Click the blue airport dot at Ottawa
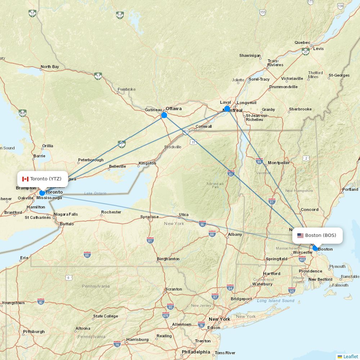click(x=164, y=115)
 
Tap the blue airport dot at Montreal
click(x=227, y=109)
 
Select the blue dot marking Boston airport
click(x=315, y=248)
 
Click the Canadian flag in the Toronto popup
click(x=25, y=179)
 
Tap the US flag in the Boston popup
click(x=300, y=235)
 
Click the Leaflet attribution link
click(x=350, y=356)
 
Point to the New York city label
click(x=219, y=319)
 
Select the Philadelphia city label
click(x=196, y=352)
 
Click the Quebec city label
click(x=302, y=42)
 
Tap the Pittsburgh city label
click(x=34, y=332)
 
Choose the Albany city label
click(x=235, y=235)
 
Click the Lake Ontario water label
click(x=95, y=193)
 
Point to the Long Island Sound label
click(x=275, y=301)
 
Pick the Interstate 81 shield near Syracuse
click(x=150, y=240)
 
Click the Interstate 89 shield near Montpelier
click(x=259, y=161)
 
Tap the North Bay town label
click(x=50, y=67)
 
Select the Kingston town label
click(x=147, y=163)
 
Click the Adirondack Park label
click(x=215, y=185)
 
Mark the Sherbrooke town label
click(x=300, y=109)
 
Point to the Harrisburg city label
click(x=137, y=339)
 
